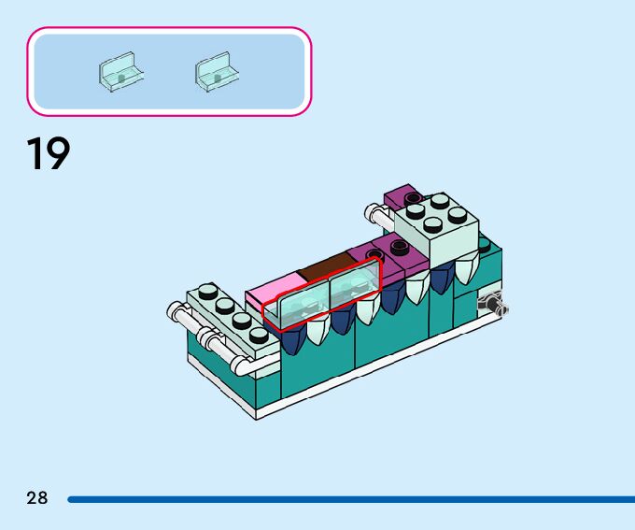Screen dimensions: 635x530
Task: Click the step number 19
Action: pos(49,154)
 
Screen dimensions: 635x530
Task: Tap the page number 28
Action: pos(36,498)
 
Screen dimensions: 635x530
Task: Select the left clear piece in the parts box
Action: pos(120,72)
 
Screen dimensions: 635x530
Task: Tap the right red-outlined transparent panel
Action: pos(355,284)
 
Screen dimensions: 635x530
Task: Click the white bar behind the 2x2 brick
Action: pos(379,215)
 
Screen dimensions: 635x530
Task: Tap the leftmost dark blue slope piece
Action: pos(293,337)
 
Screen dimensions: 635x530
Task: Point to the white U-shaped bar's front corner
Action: pos(242,358)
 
